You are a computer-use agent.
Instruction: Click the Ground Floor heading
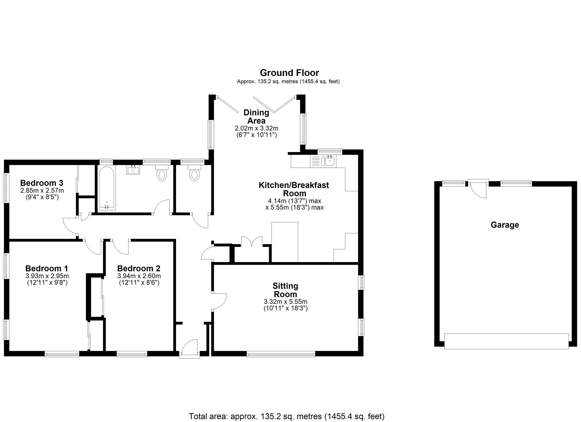tap(289, 73)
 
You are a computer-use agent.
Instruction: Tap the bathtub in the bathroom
tap(106, 188)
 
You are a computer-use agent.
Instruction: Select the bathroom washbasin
tap(133, 170)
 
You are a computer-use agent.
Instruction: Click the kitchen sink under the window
tap(330, 161)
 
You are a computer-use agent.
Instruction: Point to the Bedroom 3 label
tap(42, 183)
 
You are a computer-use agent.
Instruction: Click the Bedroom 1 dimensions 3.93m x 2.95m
tap(47, 276)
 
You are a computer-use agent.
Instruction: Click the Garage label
tap(504, 225)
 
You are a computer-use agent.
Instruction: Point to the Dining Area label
tap(256, 116)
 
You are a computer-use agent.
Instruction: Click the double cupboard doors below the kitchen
tap(252, 242)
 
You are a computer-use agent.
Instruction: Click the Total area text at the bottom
tap(286, 416)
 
